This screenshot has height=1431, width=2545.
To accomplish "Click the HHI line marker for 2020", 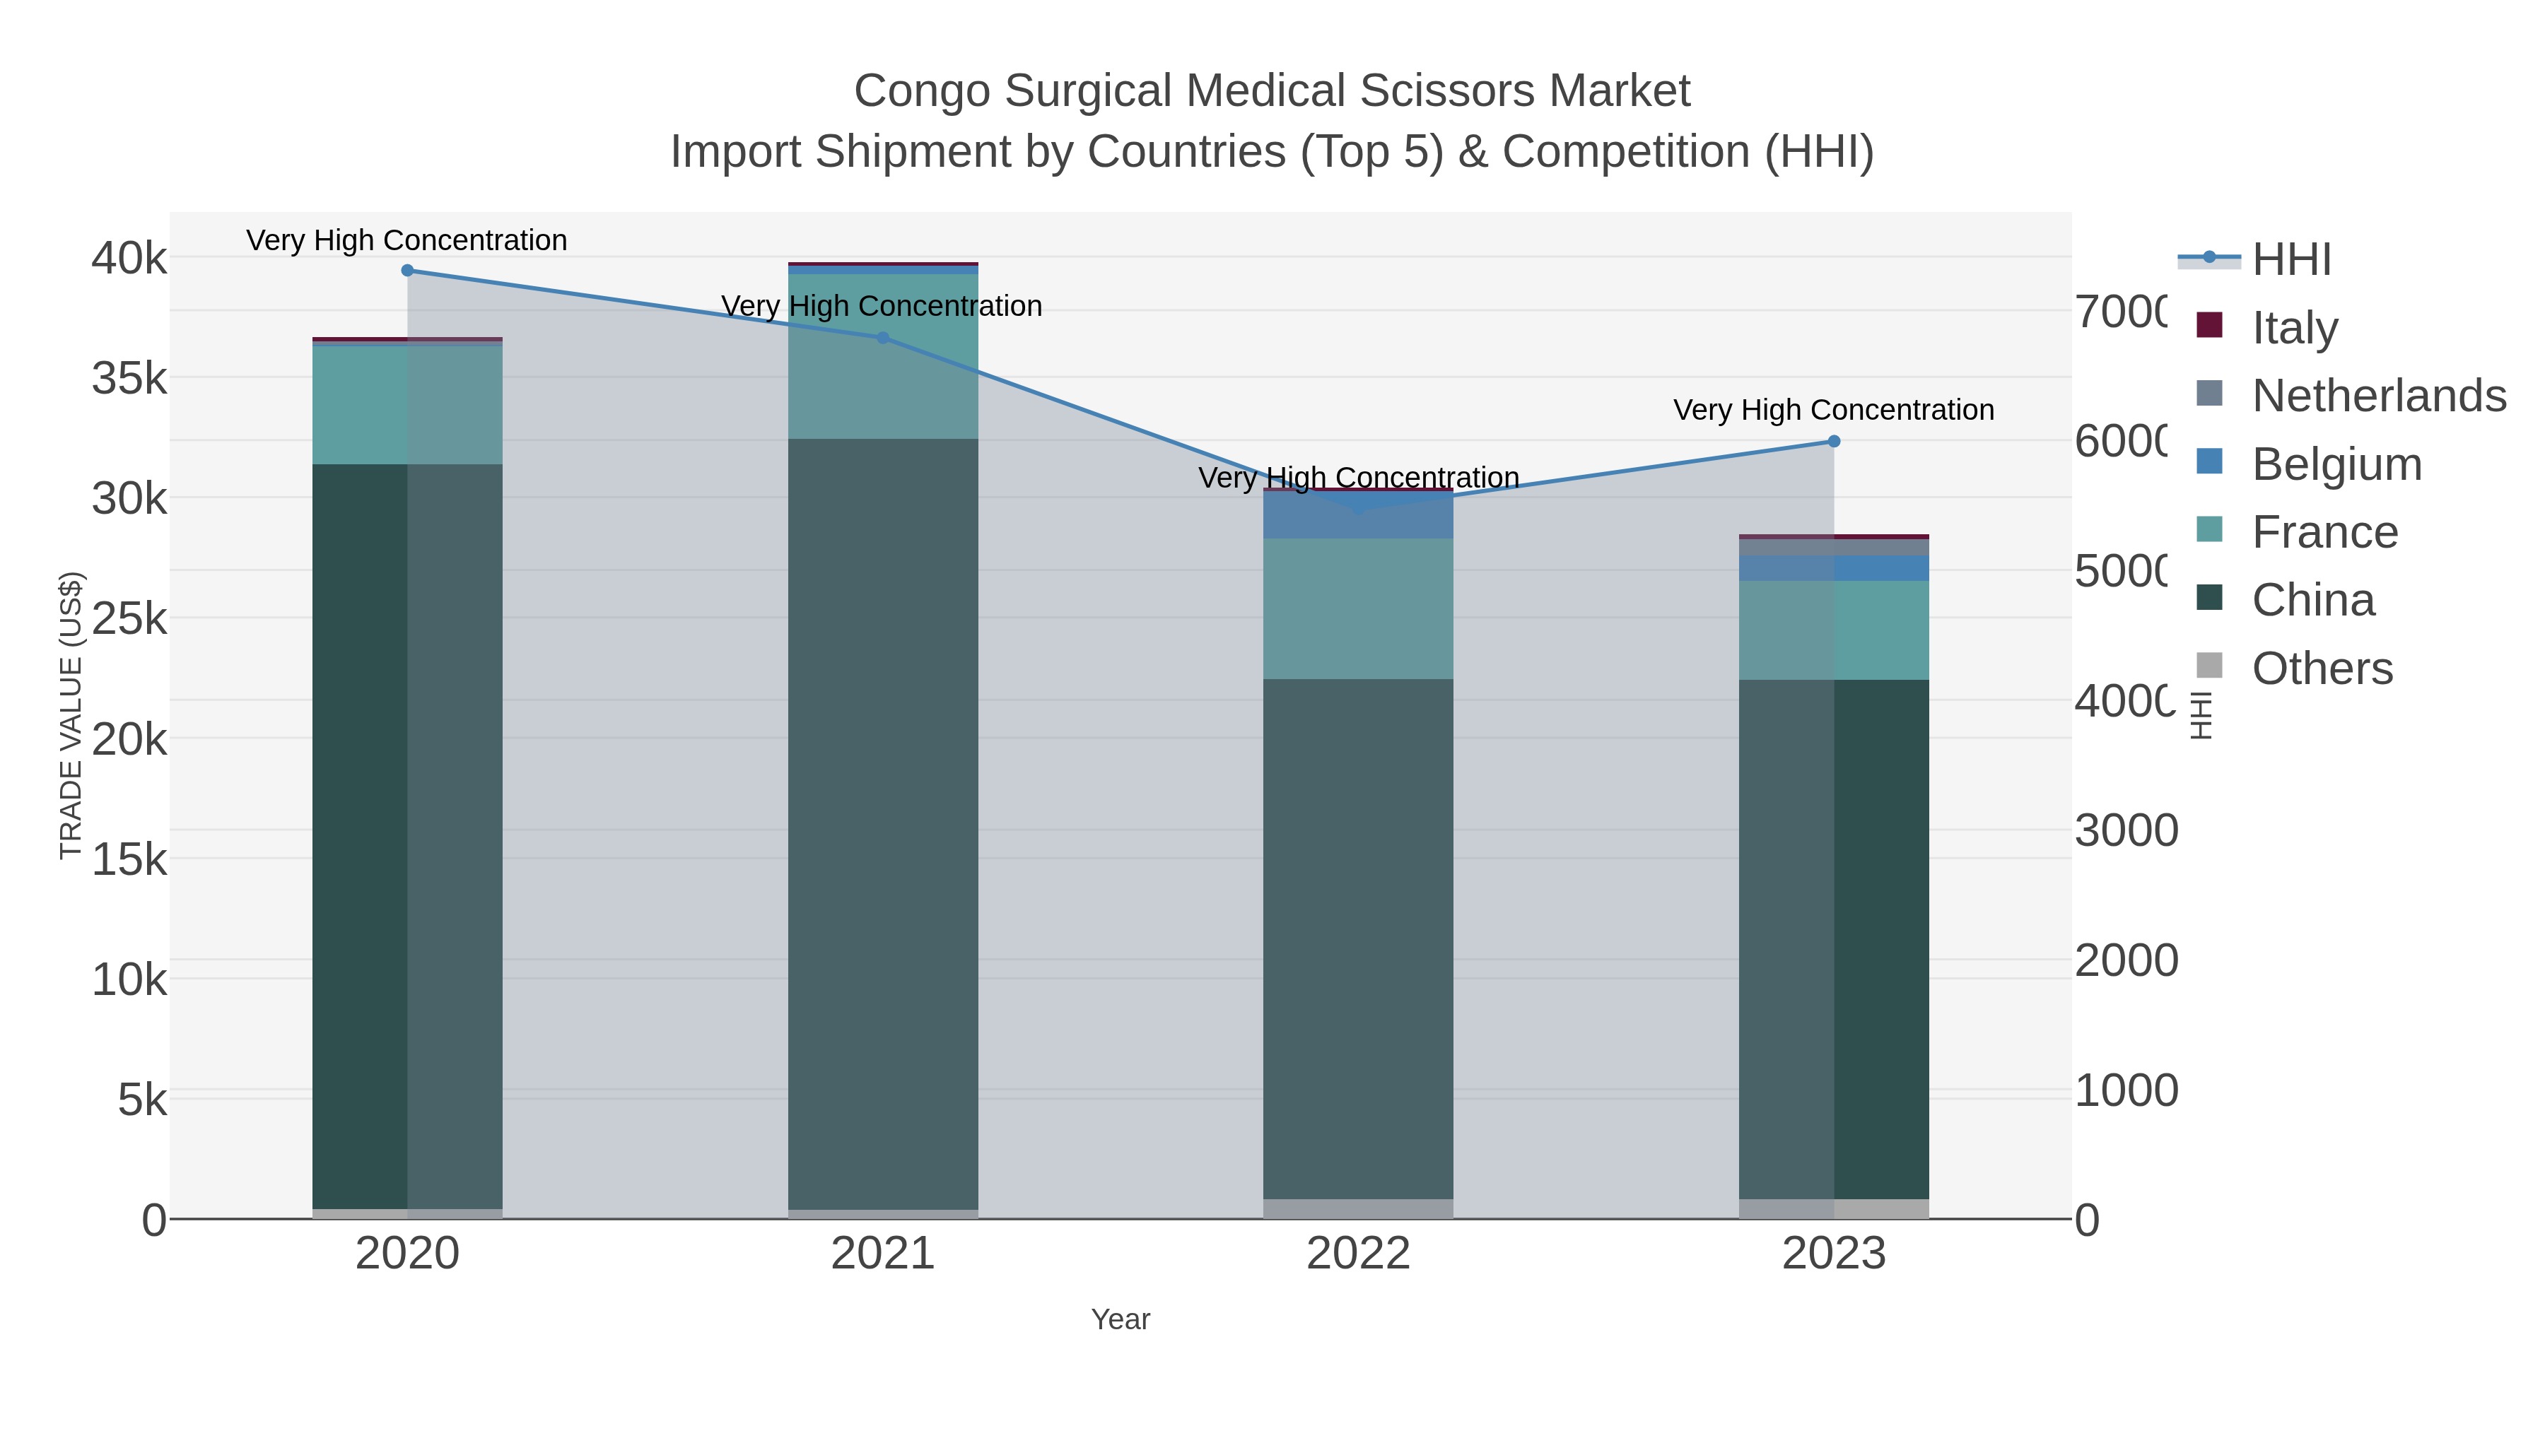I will (x=407, y=270).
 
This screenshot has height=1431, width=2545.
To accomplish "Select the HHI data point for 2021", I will (x=883, y=338).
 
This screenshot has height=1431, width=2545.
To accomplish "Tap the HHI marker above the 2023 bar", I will (x=1834, y=442).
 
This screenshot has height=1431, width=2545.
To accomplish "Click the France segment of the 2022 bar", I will (x=1359, y=608).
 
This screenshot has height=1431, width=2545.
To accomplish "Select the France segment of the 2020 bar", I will (x=407, y=405).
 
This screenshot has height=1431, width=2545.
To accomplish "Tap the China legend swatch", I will (x=2210, y=599).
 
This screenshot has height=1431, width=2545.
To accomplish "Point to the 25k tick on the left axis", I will (x=129, y=619).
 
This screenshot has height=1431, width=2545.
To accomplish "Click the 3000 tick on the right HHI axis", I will (x=2125, y=830).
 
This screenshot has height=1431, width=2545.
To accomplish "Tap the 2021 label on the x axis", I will (x=882, y=1254).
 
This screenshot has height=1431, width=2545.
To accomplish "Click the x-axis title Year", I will (x=1121, y=1319).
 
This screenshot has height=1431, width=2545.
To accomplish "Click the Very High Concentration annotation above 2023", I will (x=1834, y=410).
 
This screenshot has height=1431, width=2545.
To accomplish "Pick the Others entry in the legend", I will (x=2322, y=669).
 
